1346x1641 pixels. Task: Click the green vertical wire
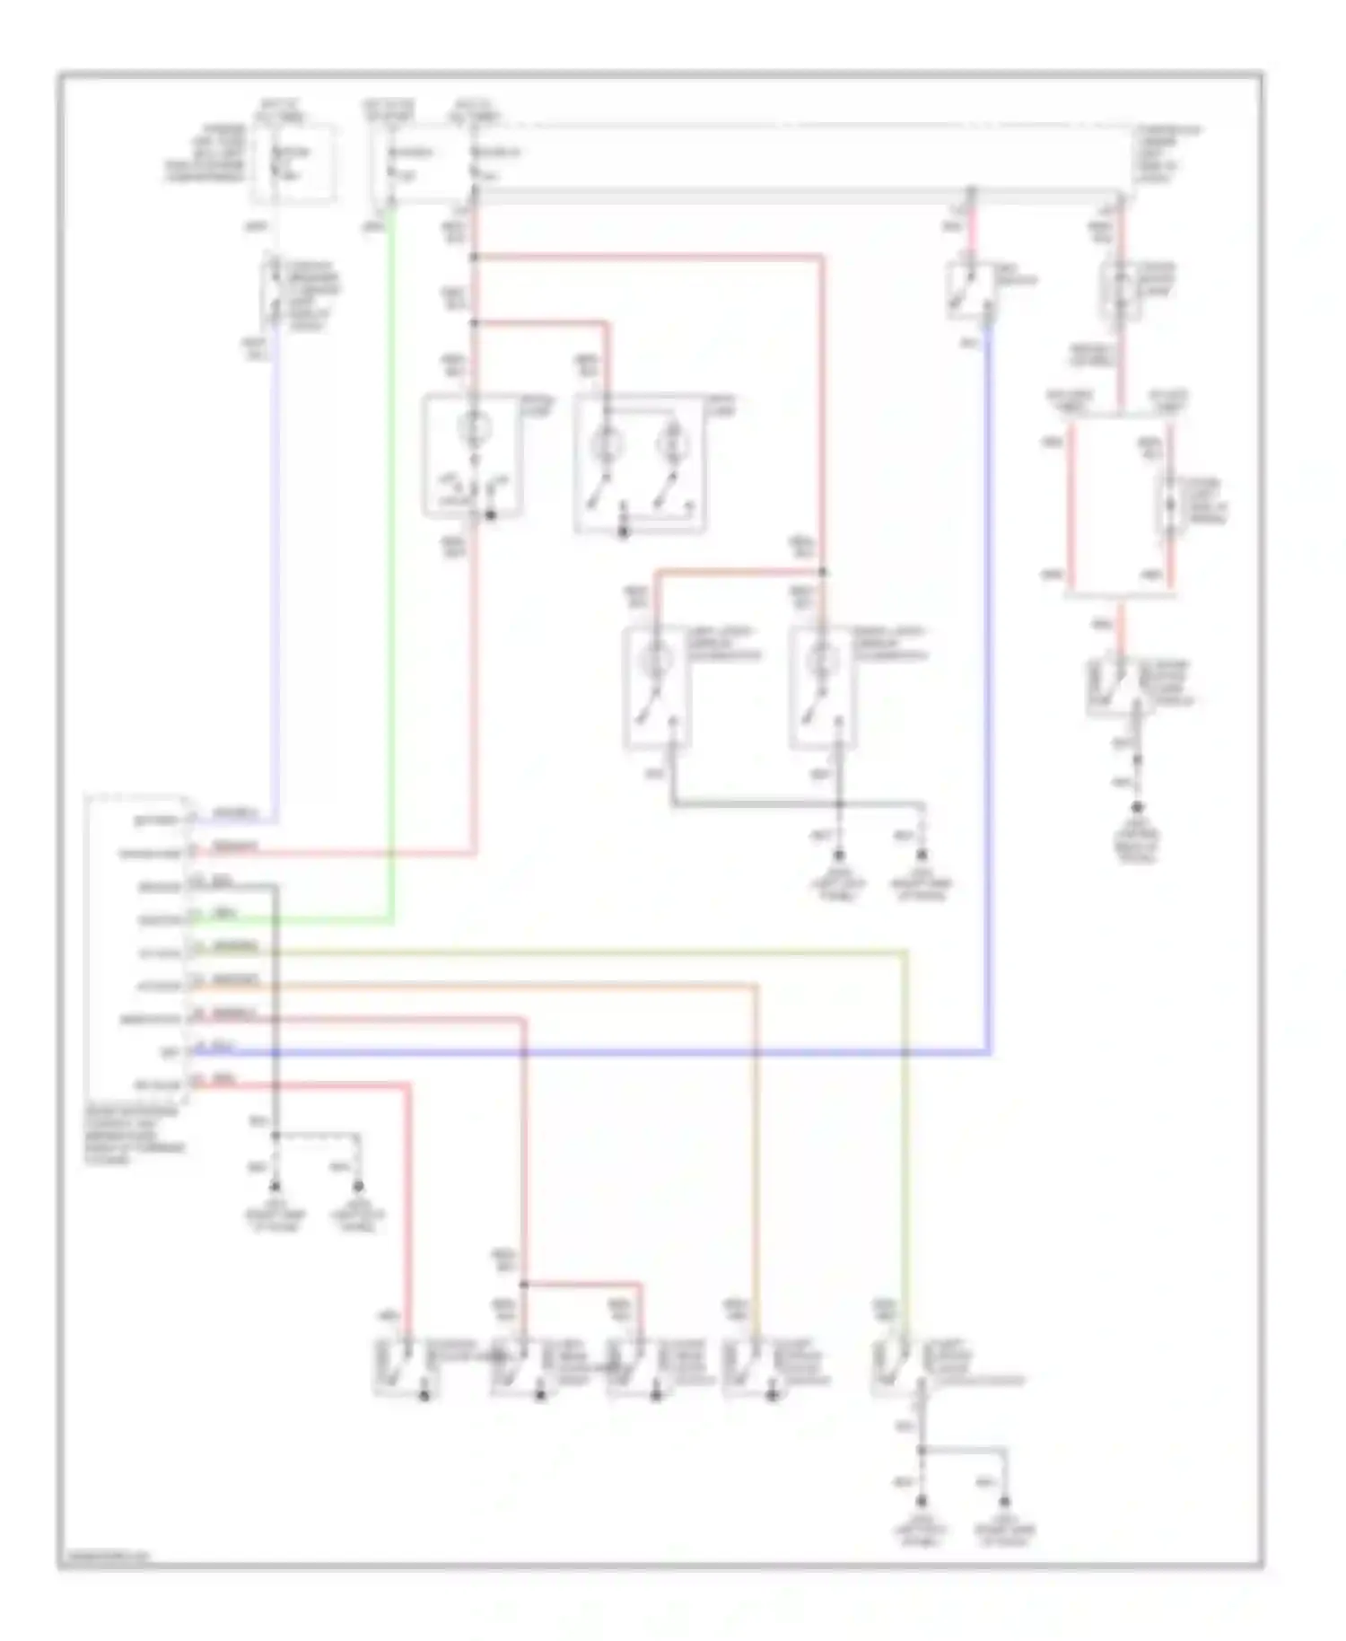click(392, 575)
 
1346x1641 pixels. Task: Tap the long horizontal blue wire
click(628, 1051)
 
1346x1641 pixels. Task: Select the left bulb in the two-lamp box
click(607, 443)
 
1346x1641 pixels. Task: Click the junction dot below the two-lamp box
click(625, 533)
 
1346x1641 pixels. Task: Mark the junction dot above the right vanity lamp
click(823, 572)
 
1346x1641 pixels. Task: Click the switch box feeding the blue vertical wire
click(971, 289)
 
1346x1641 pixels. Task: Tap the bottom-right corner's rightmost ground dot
click(1004, 1501)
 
